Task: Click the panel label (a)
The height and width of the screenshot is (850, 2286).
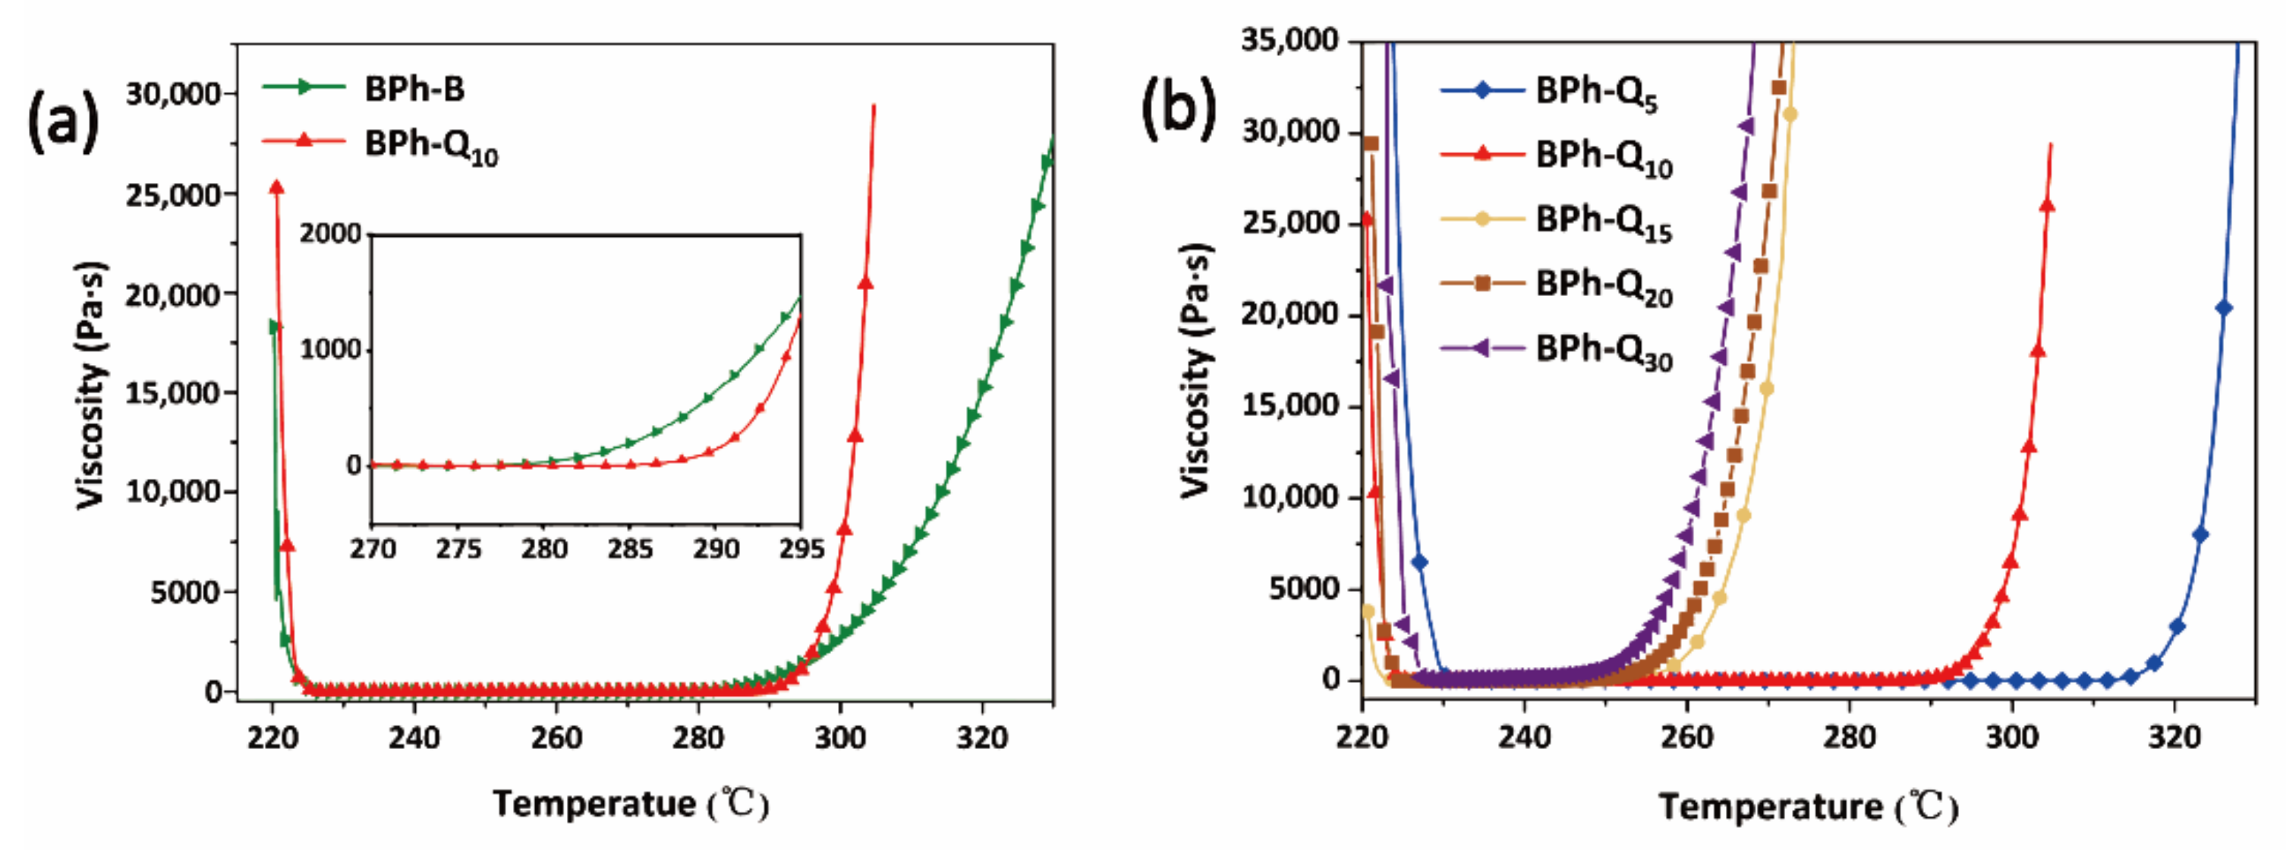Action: (62, 121)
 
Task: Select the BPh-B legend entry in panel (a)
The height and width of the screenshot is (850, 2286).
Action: (414, 88)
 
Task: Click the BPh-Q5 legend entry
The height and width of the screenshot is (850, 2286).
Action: (1595, 93)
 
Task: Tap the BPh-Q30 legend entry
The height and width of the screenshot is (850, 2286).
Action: (1603, 351)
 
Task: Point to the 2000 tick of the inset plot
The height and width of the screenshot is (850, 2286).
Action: (331, 233)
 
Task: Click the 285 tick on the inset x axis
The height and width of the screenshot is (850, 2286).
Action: (630, 550)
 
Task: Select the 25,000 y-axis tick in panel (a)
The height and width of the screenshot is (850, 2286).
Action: (173, 194)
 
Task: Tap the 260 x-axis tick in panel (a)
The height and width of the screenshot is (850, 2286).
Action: (556, 738)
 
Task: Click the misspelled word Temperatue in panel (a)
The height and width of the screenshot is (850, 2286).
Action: (594, 804)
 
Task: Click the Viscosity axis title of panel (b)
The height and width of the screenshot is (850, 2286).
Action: (1197, 369)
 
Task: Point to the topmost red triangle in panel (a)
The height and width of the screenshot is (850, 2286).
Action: (277, 187)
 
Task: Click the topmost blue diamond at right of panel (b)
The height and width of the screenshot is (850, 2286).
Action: (2223, 308)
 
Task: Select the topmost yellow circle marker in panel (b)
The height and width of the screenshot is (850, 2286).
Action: (1790, 115)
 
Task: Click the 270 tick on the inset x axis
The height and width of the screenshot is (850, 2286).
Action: (373, 550)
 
